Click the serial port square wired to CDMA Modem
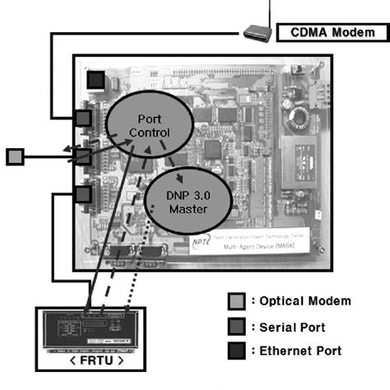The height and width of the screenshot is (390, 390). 83,118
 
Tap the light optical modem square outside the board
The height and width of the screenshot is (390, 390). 15,155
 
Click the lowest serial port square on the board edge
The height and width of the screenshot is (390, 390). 83,194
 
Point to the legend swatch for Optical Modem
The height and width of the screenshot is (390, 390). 238,301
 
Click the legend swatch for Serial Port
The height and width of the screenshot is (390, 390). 238,326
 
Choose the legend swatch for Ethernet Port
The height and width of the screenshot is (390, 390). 238,351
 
